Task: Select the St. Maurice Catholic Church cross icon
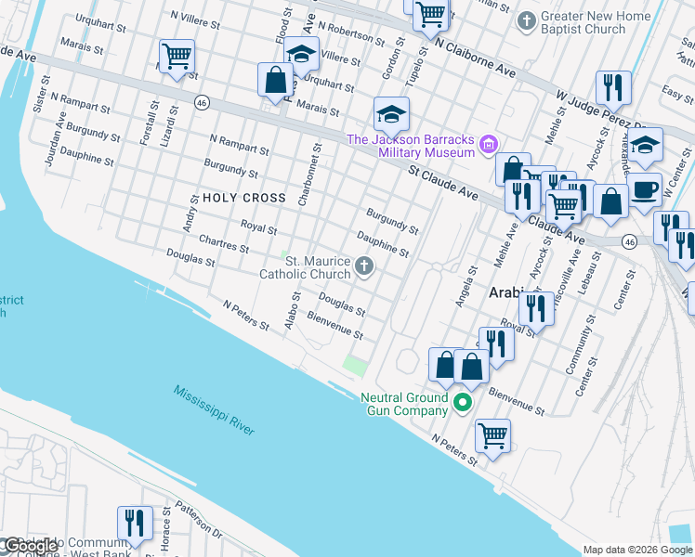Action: [x=364, y=268]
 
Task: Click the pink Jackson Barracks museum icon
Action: [x=489, y=145]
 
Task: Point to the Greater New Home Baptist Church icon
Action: [x=527, y=20]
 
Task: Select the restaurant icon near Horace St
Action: [x=135, y=523]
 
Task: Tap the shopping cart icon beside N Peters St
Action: [x=492, y=434]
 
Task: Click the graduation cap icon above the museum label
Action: [x=391, y=115]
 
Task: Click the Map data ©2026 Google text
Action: [x=637, y=550]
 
